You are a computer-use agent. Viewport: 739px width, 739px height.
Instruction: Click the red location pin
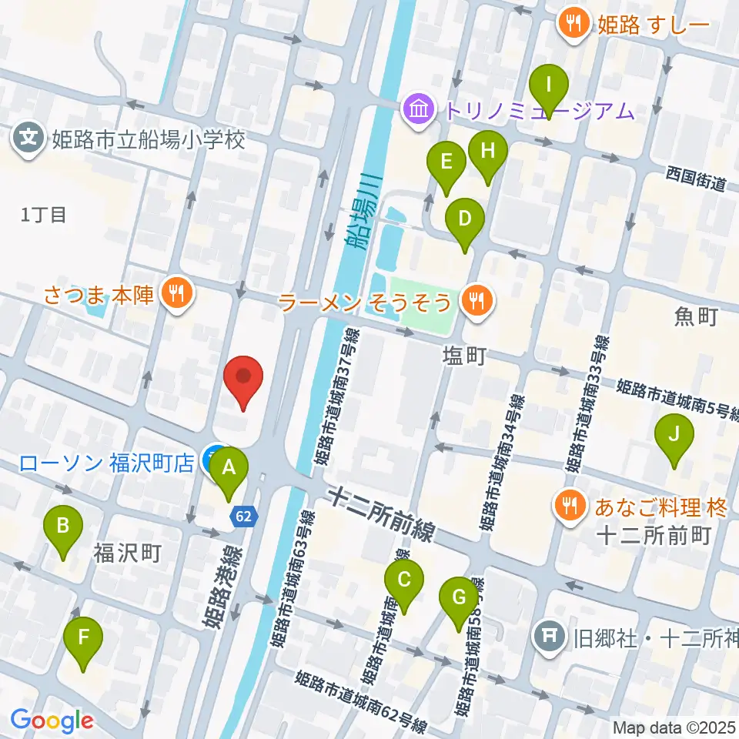click(243, 379)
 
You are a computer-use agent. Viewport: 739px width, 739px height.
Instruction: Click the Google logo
click(52, 721)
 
